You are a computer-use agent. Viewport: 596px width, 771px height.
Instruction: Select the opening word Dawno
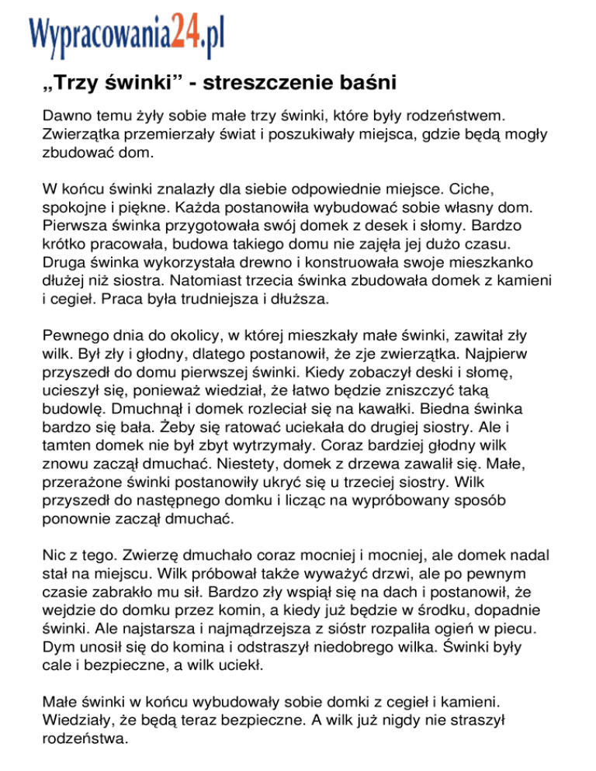tap(68, 116)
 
